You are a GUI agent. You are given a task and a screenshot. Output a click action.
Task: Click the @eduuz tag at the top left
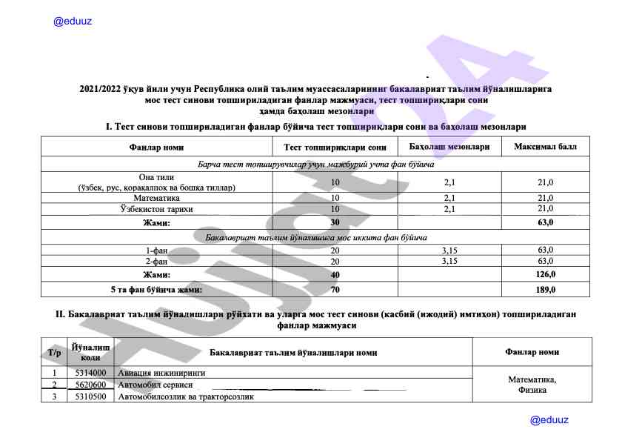tap(73, 22)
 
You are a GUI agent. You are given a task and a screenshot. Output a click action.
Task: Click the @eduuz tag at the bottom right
tap(549, 420)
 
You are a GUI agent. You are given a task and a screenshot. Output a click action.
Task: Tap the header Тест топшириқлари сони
tap(335, 147)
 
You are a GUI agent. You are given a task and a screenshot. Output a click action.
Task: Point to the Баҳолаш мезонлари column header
tap(449, 147)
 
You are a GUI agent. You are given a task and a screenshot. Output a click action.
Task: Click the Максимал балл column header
tap(546, 147)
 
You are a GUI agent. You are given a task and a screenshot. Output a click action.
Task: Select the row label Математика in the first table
tap(156, 198)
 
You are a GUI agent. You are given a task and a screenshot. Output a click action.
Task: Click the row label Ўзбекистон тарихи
tap(156, 208)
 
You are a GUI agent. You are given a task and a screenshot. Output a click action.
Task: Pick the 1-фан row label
tap(156, 251)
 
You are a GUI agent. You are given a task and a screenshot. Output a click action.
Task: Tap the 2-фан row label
tap(156, 261)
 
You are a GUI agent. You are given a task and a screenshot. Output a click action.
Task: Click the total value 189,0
tap(546, 289)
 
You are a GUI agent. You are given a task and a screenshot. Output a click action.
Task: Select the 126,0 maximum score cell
tap(546, 275)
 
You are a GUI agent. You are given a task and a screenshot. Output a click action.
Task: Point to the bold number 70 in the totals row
tap(335, 289)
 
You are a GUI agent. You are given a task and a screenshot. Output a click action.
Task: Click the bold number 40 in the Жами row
tap(335, 275)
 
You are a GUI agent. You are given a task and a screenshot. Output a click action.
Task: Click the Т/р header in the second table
tap(54, 352)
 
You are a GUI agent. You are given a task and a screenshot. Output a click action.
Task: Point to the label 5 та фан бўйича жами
tap(156, 289)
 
